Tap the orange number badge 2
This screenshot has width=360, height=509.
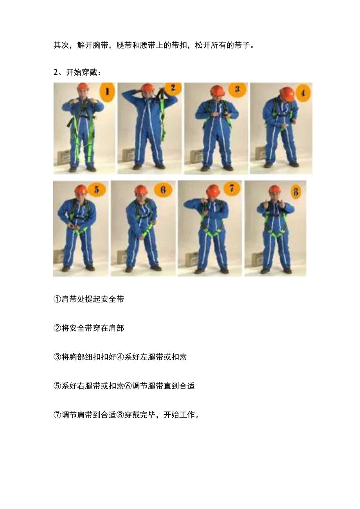pos(173,88)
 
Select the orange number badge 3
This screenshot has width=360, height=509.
pos(237,89)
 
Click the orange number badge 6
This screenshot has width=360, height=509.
pos(163,190)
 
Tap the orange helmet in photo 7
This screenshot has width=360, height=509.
pos(213,190)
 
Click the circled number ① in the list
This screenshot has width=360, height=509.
pos(57,299)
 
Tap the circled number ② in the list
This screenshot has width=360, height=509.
pos(57,328)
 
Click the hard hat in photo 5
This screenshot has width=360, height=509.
pos(81,190)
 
